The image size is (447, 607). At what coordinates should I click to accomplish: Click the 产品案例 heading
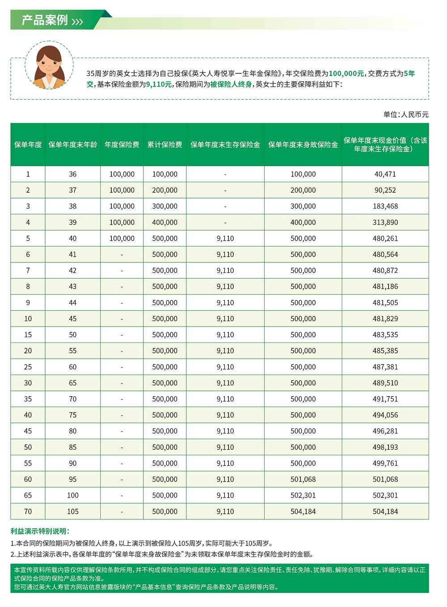click(x=45, y=20)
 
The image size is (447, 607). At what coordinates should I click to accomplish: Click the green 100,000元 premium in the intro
click(x=346, y=74)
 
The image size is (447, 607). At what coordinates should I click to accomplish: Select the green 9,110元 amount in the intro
click(x=159, y=84)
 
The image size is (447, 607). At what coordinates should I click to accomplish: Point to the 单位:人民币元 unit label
click(x=406, y=115)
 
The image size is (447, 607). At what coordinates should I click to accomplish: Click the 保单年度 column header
click(x=28, y=145)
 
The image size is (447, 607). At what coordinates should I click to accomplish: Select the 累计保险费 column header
click(x=165, y=145)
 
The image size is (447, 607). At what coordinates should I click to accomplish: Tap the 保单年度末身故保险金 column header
click(x=303, y=145)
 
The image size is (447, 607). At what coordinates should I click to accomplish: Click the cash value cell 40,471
click(x=385, y=174)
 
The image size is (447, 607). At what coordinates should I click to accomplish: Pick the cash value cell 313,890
click(x=385, y=222)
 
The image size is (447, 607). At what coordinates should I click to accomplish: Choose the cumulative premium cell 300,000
click(x=165, y=206)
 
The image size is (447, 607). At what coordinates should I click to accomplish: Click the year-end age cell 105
click(x=73, y=511)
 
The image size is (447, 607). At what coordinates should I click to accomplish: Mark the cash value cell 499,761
click(x=385, y=463)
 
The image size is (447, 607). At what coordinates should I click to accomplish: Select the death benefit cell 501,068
click(x=303, y=479)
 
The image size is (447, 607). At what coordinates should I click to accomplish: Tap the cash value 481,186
click(x=385, y=287)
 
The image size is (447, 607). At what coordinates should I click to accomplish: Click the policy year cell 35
click(x=28, y=399)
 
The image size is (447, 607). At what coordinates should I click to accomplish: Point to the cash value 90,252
click(x=385, y=190)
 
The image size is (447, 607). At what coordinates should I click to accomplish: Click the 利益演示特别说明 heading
click(x=40, y=531)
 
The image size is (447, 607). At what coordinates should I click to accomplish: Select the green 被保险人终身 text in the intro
click(x=231, y=84)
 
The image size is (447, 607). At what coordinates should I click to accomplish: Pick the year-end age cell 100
click(x=73, y=495)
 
